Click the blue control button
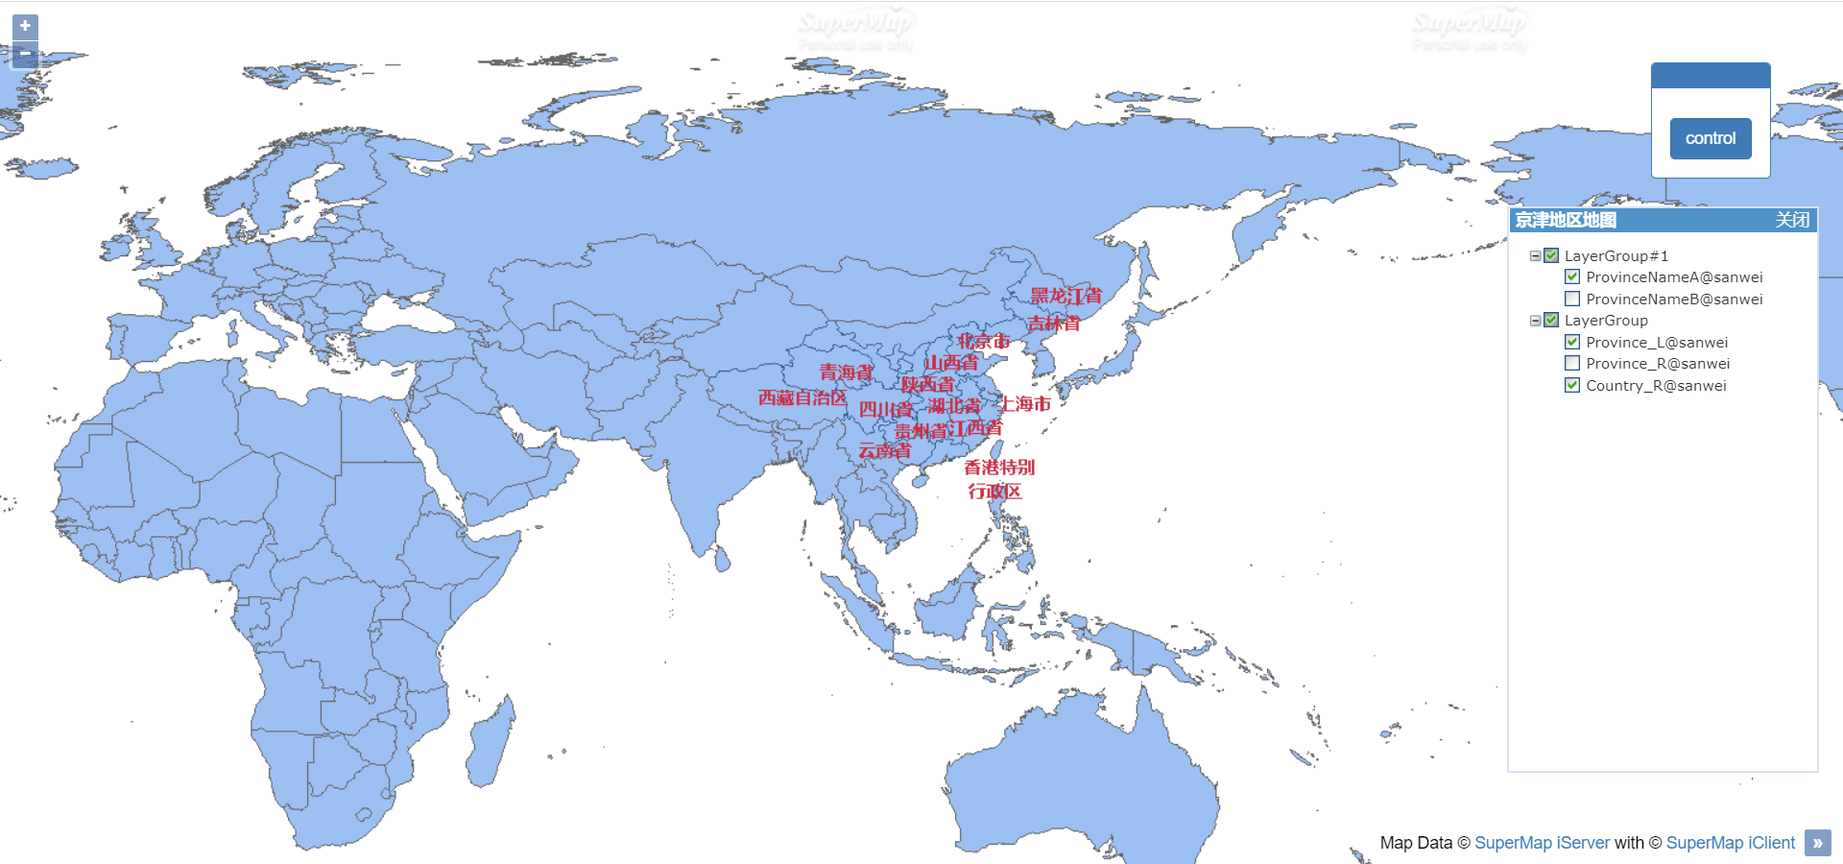click(x=1711, y=138)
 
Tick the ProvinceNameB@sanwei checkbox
click(x=1572, y=299)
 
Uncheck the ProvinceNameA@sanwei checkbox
click(x=1572, y=277)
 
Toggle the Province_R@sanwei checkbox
click(x=1572, y=363)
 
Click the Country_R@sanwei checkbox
click(x=1572, y=385)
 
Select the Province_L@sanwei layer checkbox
click(x=1572, y=342)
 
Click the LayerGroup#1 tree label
click(x=1616, y=256)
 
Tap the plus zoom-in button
click(x=25, y=26)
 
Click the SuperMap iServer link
click(x=1542, y=843)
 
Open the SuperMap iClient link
click(x=1730, y=843)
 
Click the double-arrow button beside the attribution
click(x=1817, y=843)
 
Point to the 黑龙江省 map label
click(x=1065, y=296)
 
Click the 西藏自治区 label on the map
click(x=802, y=397)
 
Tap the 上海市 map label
click(x=1025, y=404)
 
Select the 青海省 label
click(x=846, y=372)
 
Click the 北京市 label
click(x=983, y=341)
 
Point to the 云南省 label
click(x=884, y=450)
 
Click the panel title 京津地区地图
click(x=1566, y=220)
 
